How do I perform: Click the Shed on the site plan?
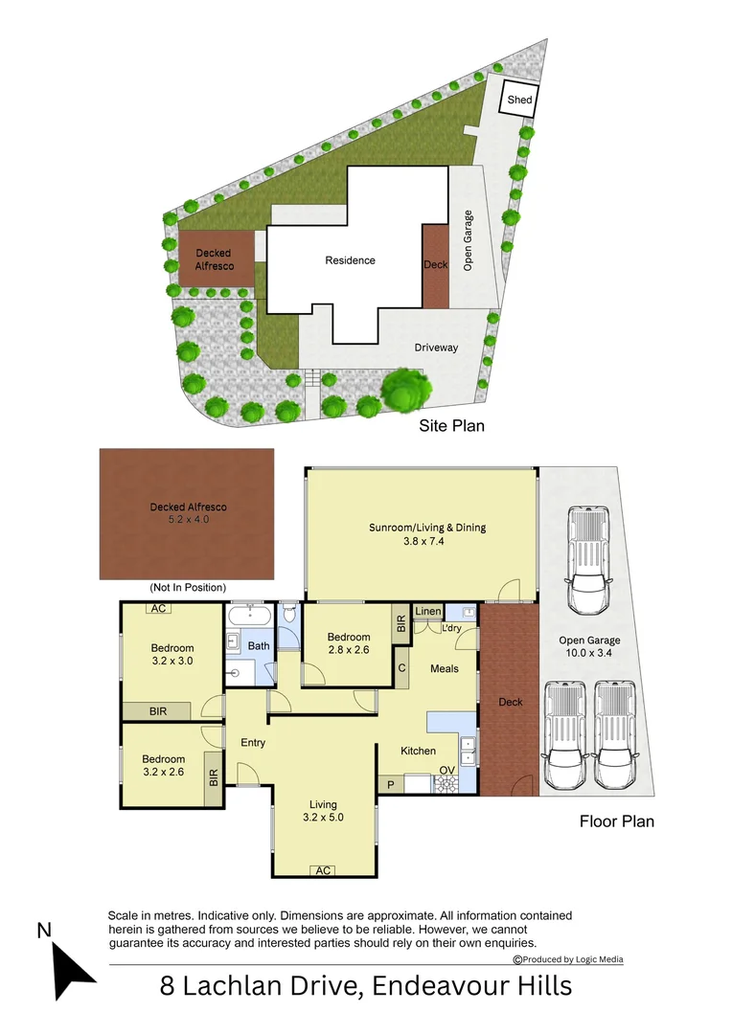[520, 100]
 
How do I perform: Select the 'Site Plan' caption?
[451, 426]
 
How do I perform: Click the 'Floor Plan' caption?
[616, 820]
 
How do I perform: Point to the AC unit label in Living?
[323, 870]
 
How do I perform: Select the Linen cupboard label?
[428, 612]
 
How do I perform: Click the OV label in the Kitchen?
[446, 769]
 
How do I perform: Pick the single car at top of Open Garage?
[590, 560]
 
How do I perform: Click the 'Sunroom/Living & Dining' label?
[420, 528]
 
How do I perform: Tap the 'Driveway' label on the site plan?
[436, 348]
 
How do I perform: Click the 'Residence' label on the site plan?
[350, 260]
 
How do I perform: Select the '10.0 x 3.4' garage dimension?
[590, 655]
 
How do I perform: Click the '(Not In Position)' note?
[187, 587]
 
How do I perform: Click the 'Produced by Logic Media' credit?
[569, 959]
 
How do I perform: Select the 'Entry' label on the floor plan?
[253, 742]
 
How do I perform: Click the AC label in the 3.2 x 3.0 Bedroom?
[159, 609]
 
